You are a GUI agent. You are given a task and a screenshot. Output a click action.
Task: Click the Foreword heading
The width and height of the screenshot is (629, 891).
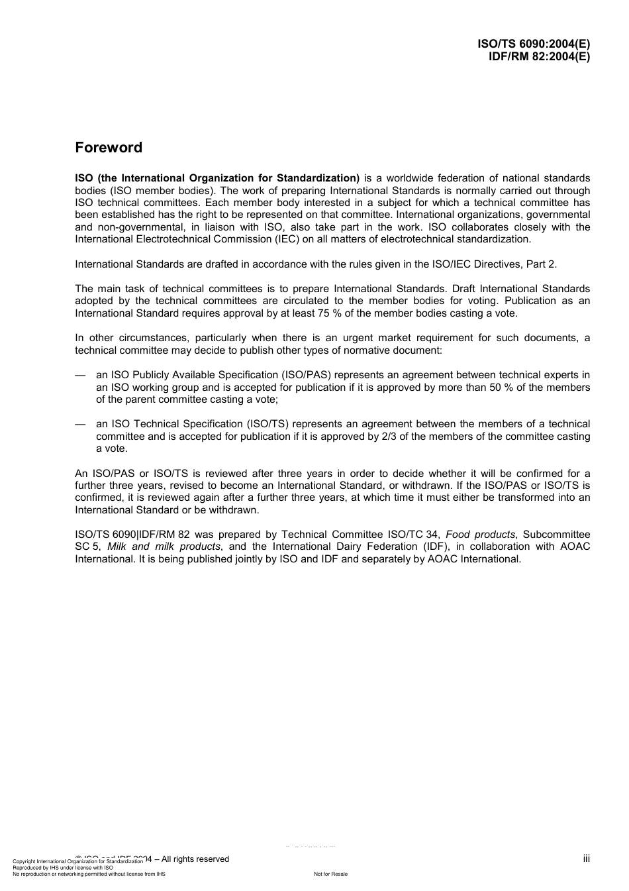109,148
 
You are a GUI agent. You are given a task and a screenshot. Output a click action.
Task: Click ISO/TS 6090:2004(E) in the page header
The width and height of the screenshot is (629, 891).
534,44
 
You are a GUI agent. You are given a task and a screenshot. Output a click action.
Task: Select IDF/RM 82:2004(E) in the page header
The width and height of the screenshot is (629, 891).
539,56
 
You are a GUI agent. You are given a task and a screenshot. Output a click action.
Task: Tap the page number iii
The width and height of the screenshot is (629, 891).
586,859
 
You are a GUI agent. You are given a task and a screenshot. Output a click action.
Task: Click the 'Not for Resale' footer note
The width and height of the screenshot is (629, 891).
330,874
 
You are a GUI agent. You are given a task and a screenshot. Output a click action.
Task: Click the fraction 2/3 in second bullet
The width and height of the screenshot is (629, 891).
390,437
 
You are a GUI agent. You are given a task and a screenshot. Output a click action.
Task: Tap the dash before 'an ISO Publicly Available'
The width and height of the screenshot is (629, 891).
81,375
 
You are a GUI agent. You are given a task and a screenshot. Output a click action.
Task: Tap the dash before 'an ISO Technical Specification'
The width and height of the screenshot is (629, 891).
81,424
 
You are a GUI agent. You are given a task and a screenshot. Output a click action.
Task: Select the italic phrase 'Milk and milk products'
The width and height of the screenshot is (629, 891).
164,547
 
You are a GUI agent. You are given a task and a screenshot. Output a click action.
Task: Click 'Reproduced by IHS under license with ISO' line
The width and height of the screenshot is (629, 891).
63,867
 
